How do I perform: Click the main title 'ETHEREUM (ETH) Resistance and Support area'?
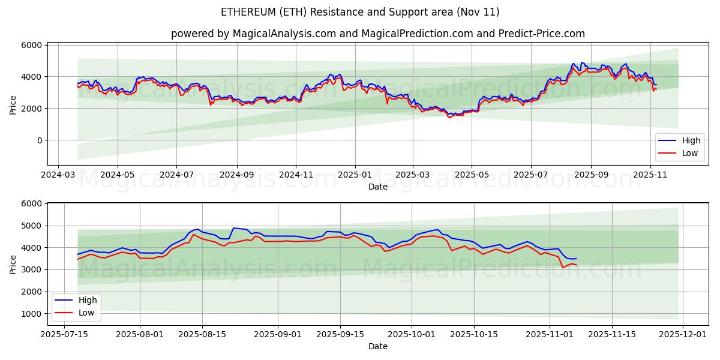(x=360, y=12)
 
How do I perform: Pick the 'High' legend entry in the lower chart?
(x=88, y=300)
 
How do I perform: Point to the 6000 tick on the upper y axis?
(x=32, y=45)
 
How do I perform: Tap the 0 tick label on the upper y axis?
(x=38, y=140)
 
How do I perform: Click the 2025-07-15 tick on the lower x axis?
(x=64, y=334)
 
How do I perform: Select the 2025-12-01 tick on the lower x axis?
(x=683, y=334)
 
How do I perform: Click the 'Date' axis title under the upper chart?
(x=378, y=187)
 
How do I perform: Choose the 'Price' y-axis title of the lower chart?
(x=13, y=264)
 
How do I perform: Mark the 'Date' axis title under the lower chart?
(x=378, y=346)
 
